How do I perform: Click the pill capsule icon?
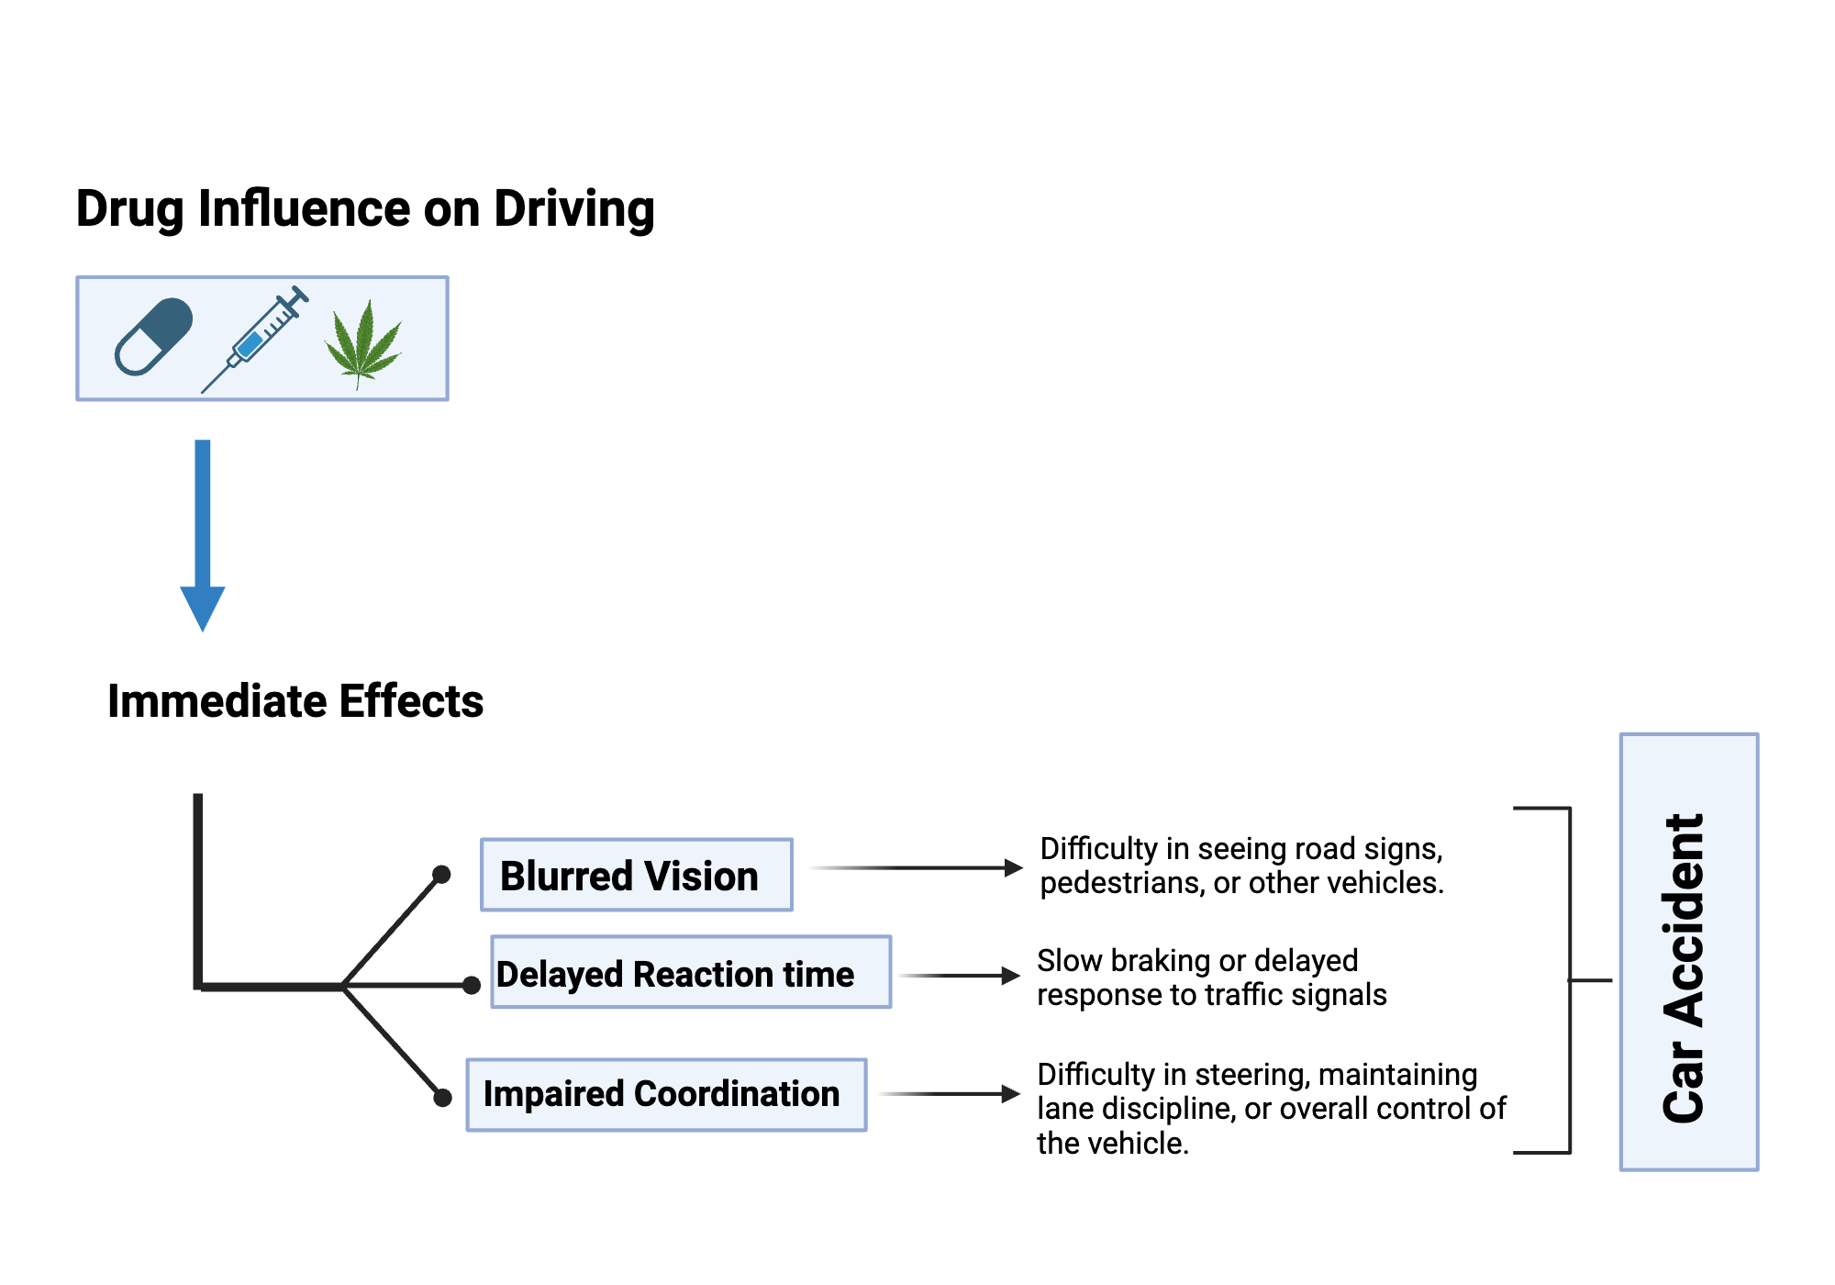pyautogui.click(x=153, y=337)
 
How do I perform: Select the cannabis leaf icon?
pyautogui.click(x=363, y=342)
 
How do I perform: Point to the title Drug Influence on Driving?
pyautogui.click(x=365, y=209)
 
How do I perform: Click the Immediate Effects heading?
pyautogui.click(x=295, y=701)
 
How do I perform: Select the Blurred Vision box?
pyautogui.click(x=636, y=875)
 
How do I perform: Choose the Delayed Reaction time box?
pyautogui.click(x=690, y=973)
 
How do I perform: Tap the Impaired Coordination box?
pyautogui.click(x=666, y=1094)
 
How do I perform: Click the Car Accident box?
pyautogui.click(x=1688, y=952)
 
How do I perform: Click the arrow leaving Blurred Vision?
pyautogui.click(x=917, y=867)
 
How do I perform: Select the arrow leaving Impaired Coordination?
pyautogui.click(x=951, y=1093)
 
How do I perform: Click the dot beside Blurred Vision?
pyautogui.click(x=441, y=874)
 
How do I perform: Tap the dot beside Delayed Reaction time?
pyautogui.click(x=472, y=986)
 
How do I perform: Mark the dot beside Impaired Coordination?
pyautogui.click(x=442, y=1097)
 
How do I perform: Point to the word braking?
pyautogui.click(x=1160, y=961)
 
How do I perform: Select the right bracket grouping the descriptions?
pyautogui.click(x=1569, y=980)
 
